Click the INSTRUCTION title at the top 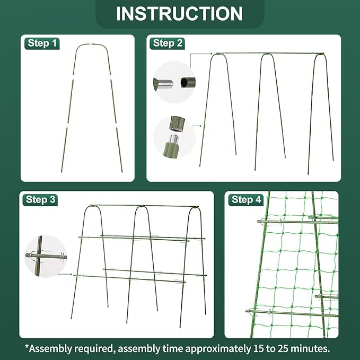point(179,13)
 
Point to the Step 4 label point(247,200)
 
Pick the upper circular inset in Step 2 point(174,82)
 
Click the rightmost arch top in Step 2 point(321,56)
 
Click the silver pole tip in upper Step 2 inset point(165,83)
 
